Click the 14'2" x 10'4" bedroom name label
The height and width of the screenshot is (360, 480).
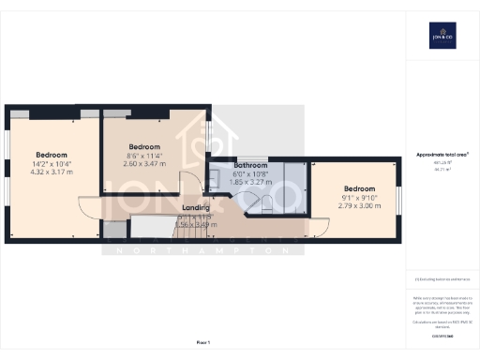coord(51,155)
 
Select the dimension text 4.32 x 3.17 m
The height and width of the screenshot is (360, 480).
coord(51,172)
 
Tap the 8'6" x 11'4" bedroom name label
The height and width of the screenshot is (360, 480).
coord(143,147)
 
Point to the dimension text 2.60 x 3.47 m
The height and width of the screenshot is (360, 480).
coord(143,164)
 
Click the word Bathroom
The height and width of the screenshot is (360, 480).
coord(250,165)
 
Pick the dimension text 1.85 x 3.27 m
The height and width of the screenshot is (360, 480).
coord(250,182)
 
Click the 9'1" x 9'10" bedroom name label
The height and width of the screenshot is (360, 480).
coord(360,187)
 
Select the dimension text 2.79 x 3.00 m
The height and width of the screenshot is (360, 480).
coord(360,204)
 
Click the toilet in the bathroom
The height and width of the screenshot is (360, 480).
coord(266,202)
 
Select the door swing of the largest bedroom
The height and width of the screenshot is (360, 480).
coord(88,208)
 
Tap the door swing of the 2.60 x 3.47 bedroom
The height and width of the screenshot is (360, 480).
coord(187,184)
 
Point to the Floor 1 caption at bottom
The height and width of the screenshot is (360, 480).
coord(203,342)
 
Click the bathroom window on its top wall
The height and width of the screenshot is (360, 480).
coord(249,158)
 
